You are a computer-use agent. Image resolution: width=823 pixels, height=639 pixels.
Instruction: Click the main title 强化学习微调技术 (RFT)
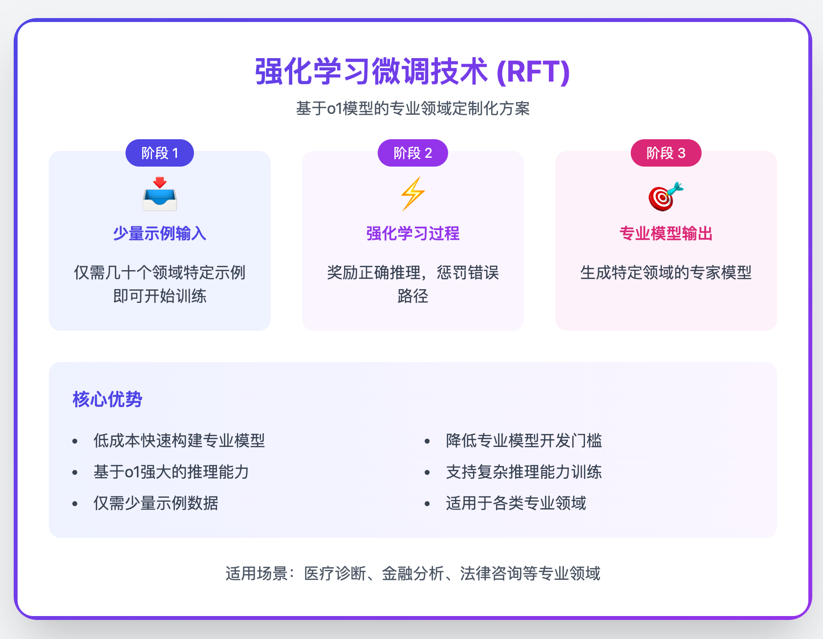click(412, 72)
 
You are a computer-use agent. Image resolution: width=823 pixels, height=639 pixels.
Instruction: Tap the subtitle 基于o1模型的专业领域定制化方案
click(412, 108)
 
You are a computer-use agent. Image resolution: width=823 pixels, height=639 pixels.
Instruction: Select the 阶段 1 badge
click(160, 153)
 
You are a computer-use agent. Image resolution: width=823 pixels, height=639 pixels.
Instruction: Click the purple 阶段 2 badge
click(412, 153)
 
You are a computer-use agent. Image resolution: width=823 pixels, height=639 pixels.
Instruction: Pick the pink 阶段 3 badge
click(666, 153)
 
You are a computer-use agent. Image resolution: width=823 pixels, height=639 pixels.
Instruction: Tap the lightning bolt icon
click(412, 194)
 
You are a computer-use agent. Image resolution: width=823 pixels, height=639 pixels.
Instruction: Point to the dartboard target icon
click(666, 196)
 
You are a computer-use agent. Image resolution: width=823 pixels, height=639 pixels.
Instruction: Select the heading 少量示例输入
click(160, 234)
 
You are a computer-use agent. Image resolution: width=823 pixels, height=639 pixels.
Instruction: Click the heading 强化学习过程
click(412, 234)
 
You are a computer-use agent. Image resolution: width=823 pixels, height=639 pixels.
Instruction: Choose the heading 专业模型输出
click(666, 234)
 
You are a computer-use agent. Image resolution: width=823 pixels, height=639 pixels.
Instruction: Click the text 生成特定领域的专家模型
click(666, 273)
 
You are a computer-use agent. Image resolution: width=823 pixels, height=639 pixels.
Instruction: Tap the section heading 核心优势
click(108, 400)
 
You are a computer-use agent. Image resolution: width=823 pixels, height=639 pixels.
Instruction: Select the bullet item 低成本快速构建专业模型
click(179, 441)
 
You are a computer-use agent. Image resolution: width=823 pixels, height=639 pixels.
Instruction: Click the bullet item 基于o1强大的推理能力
click(171, 472)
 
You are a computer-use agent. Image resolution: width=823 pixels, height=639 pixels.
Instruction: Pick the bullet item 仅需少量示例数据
click(155, 503)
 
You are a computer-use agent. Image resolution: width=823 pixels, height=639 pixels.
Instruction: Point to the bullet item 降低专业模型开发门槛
click(524, 441)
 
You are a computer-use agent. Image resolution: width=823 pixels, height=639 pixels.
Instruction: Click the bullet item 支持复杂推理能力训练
click(524, 472)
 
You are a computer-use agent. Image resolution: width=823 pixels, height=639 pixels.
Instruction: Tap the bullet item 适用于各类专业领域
click(516, 503)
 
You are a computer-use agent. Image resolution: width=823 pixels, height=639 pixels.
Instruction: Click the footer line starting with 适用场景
click(412, 574)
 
